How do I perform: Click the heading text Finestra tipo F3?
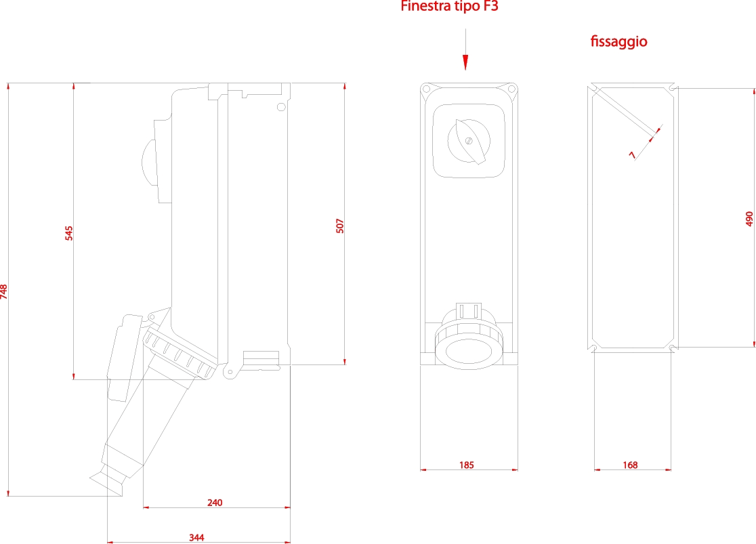(450, 7)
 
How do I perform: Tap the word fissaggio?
(618, 42)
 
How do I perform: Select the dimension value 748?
(5, 291)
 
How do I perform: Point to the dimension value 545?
(68, 233)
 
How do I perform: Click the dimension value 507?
(340, 226)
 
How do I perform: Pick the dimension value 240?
(215, 503)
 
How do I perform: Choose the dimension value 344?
(196, 538)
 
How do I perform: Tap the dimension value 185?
(466, 465)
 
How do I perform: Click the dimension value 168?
(630, 465)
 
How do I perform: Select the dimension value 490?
(749, 218)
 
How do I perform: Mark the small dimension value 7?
(632, 155)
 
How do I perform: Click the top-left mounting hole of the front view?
(426, 89)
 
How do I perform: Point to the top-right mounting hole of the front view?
(512, 89)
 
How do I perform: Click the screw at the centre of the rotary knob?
(468, 141)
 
